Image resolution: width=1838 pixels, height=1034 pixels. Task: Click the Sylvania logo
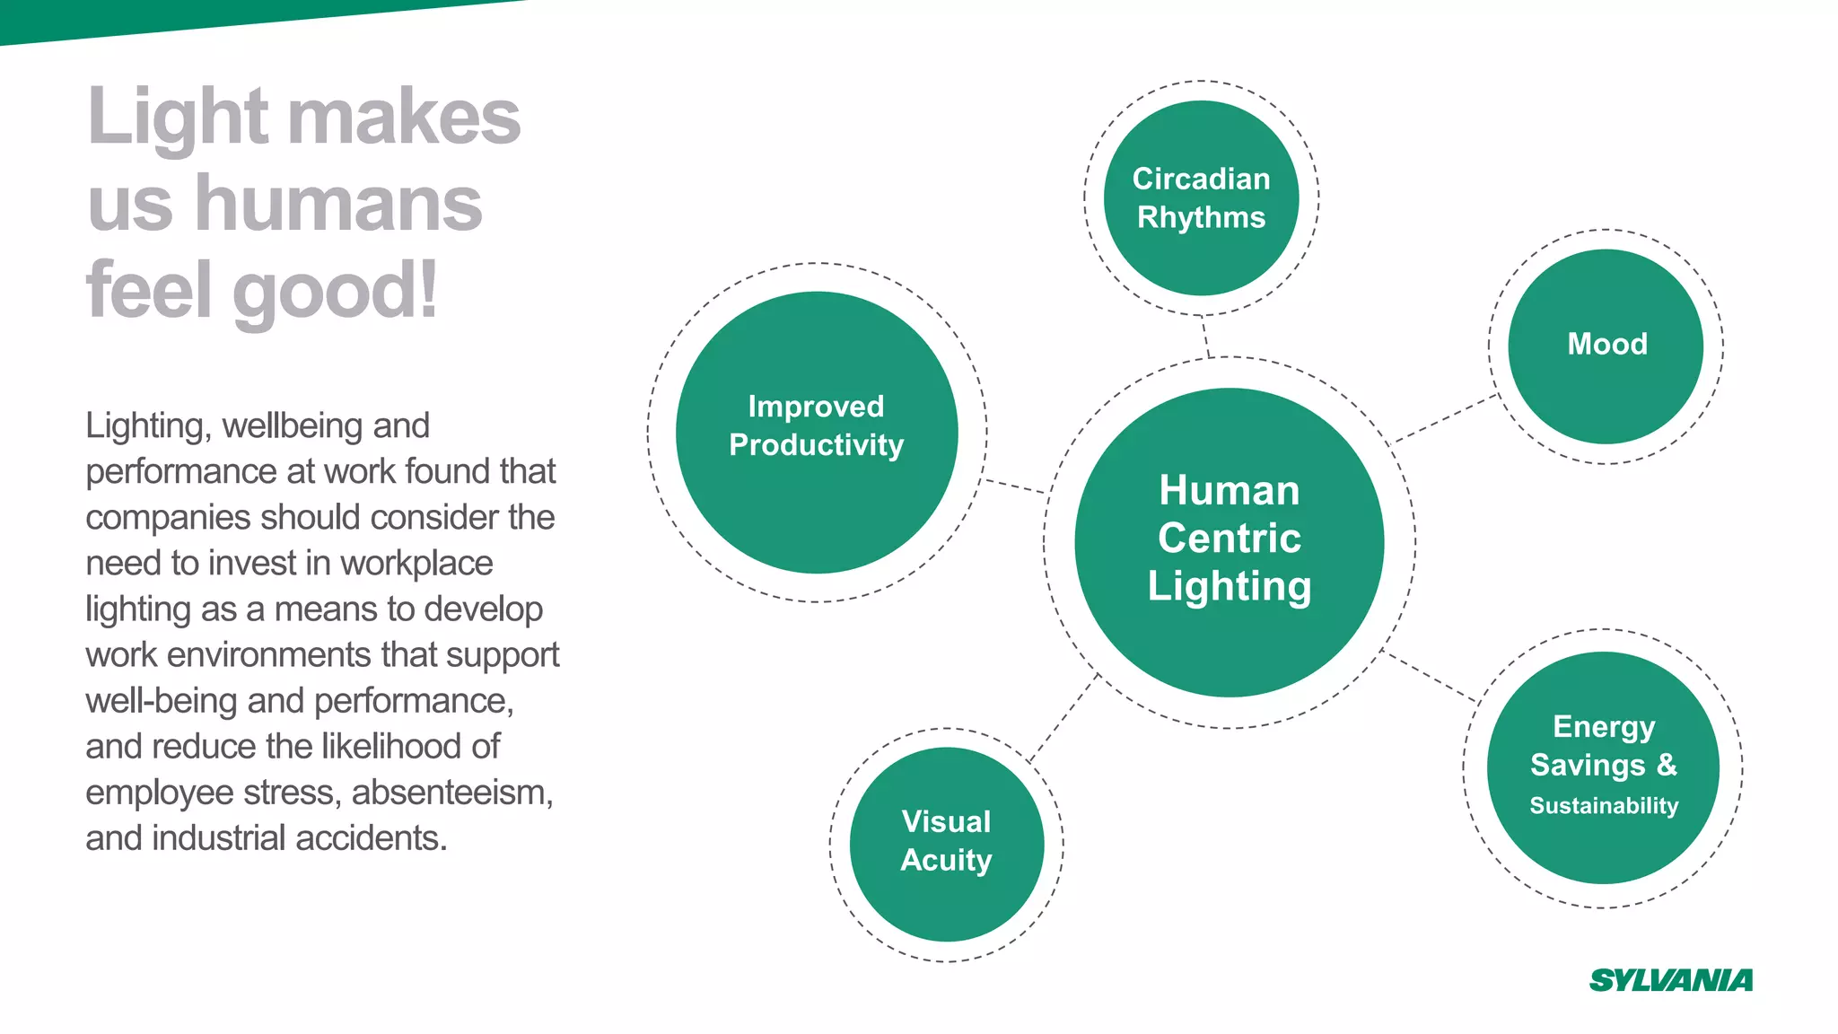coord(1670,980)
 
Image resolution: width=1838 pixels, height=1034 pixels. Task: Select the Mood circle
coord(1606,346)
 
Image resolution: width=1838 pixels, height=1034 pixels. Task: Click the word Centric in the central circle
coord(1229,539)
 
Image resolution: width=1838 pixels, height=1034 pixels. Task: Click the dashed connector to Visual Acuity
coord(1065,718)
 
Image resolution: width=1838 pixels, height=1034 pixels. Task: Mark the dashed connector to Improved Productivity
coord(1015,486)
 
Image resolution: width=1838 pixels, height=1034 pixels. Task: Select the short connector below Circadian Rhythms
coord(1206,337)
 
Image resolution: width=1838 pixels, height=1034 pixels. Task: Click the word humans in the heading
coord(338,205)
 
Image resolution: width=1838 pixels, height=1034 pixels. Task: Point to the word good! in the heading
coord(336,292)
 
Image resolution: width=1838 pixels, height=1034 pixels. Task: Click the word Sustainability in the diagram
coord(1603,806)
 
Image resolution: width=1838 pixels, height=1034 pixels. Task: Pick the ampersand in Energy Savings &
coord(1667,764)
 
